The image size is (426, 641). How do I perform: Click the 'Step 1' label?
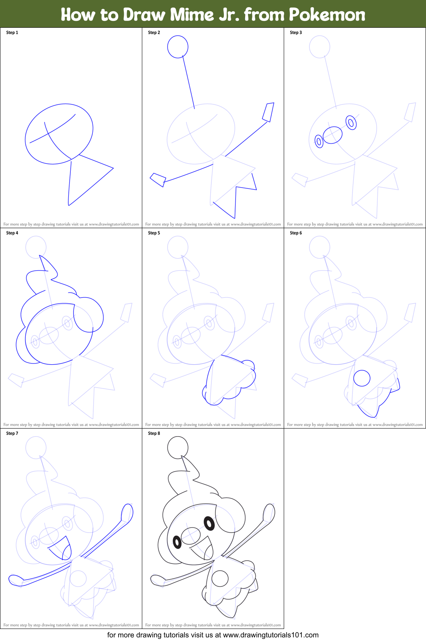tap(12, 33)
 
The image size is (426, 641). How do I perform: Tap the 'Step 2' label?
tap(154, 33)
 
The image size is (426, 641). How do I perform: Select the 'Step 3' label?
tap(296, 33)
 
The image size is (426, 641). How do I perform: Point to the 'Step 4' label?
tap(12, 233)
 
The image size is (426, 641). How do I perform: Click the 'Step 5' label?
tap(154, 233)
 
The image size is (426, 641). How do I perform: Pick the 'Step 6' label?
tap(296, 233)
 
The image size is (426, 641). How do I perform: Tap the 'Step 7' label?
tap(12, 433)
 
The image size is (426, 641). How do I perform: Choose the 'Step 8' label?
tap(154, 433)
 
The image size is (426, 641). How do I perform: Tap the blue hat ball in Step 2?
tap(178, 47)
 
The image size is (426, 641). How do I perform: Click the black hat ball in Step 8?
tap(178, 447)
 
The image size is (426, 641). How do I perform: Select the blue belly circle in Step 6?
tap(362, 378)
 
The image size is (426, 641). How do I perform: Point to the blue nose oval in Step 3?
tap(332, 135)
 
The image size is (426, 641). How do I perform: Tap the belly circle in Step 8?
tap(220, 578)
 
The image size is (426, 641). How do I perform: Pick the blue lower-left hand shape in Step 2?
tap(158, 180)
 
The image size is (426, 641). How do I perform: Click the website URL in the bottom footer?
tap(270, 635)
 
